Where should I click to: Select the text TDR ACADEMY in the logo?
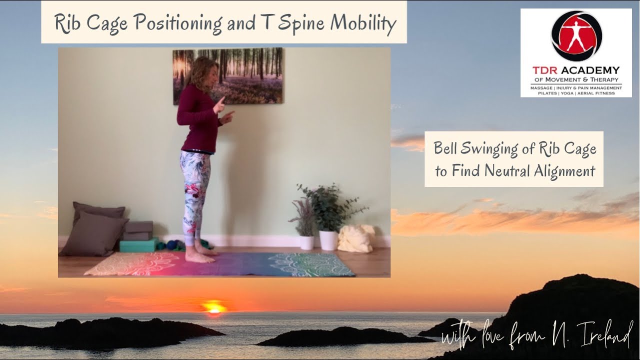tap(576, 70)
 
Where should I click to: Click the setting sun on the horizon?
tap(214, 307)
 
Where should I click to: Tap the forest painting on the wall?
tap(228, 75)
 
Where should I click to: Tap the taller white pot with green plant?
tap(328, 240)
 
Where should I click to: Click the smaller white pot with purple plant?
tap(306, 242)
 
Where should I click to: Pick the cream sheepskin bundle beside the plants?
tap(355, 238)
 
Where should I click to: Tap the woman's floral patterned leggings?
tap(195, 190)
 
